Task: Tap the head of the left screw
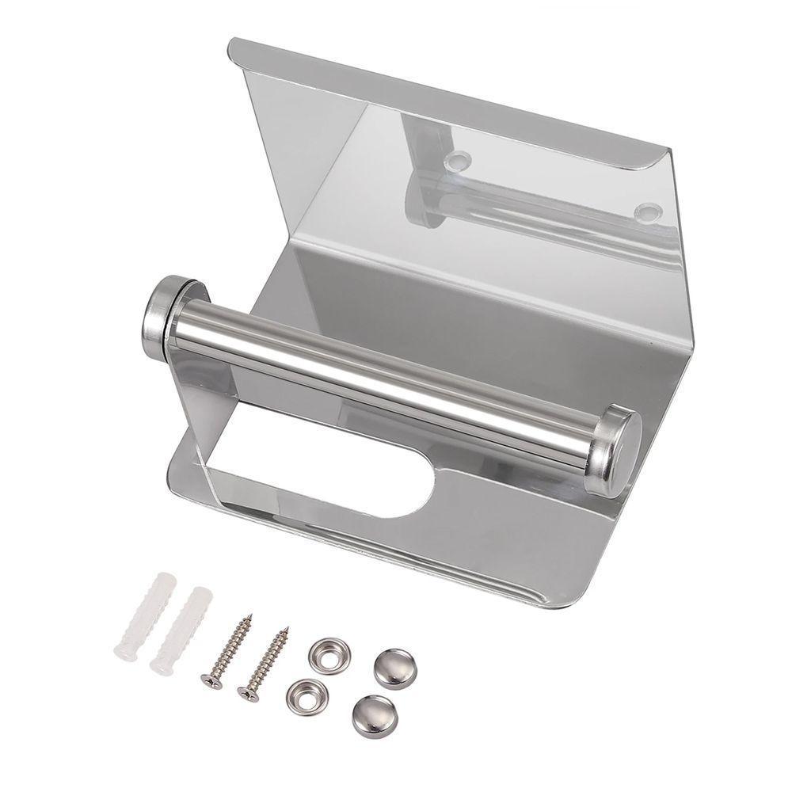[x=211, y=680]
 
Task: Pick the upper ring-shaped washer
[x=329, y=654]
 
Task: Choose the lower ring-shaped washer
[x=307, y=695]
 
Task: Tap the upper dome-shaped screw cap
[x=394, y=667]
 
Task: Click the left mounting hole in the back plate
[x=457, y=162]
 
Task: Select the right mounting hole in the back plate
[x=647, y=211]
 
